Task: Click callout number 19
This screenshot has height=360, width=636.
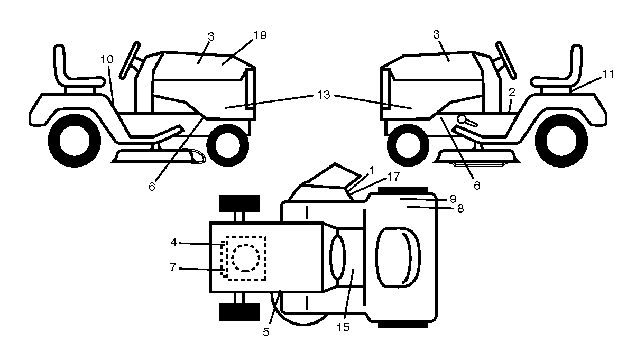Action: point(260,35)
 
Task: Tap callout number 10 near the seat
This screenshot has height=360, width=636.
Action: point(107,59)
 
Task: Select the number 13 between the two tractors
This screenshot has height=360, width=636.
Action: point(324,95)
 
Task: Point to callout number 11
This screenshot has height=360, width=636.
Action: point(608,75)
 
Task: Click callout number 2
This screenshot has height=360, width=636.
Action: point(512,93)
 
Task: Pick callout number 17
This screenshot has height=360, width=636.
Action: point(393,177)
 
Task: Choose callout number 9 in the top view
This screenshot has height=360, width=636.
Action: point(453,199)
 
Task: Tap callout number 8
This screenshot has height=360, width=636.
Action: point(460,209)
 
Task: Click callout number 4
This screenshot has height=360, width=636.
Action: point(173,243)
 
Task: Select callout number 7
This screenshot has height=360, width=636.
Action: point(173,267)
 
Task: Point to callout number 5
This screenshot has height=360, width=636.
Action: point(266,332)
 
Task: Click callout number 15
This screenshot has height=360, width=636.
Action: point(343,327)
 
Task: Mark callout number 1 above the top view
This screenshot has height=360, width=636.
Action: point(371,171)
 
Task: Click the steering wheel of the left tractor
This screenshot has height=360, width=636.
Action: point(129,60)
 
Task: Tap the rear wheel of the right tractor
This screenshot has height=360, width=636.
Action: point(561,141)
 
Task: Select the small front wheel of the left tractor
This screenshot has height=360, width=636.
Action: point(228,145)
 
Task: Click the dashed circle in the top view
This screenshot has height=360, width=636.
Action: point(246,258)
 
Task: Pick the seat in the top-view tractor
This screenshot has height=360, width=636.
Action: point(398,257)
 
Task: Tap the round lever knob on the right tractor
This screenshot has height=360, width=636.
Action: point(462,119)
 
